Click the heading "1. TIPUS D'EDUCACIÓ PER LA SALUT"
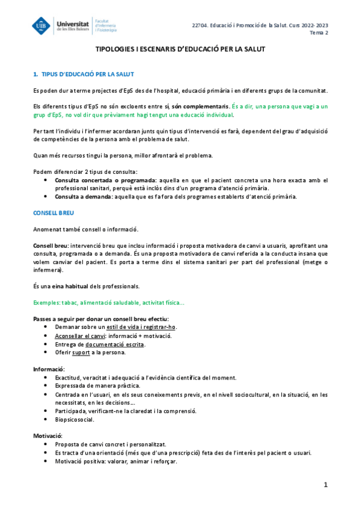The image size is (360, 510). point(84,74)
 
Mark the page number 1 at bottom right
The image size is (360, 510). point(325,485)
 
